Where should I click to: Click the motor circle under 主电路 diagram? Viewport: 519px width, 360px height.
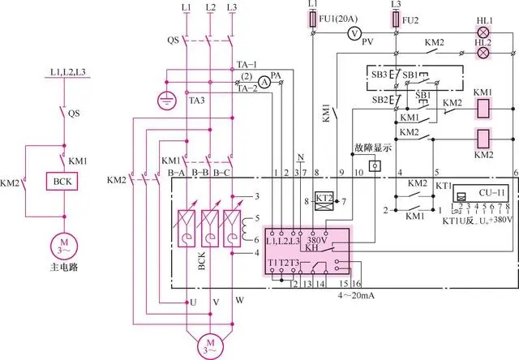pyautogui.click(x=61, y=244)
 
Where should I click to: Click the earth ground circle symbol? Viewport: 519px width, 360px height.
pyautogui.click(x=166, y=101)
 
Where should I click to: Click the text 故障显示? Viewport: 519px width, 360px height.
pyautogui.click(x=372, y=149)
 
